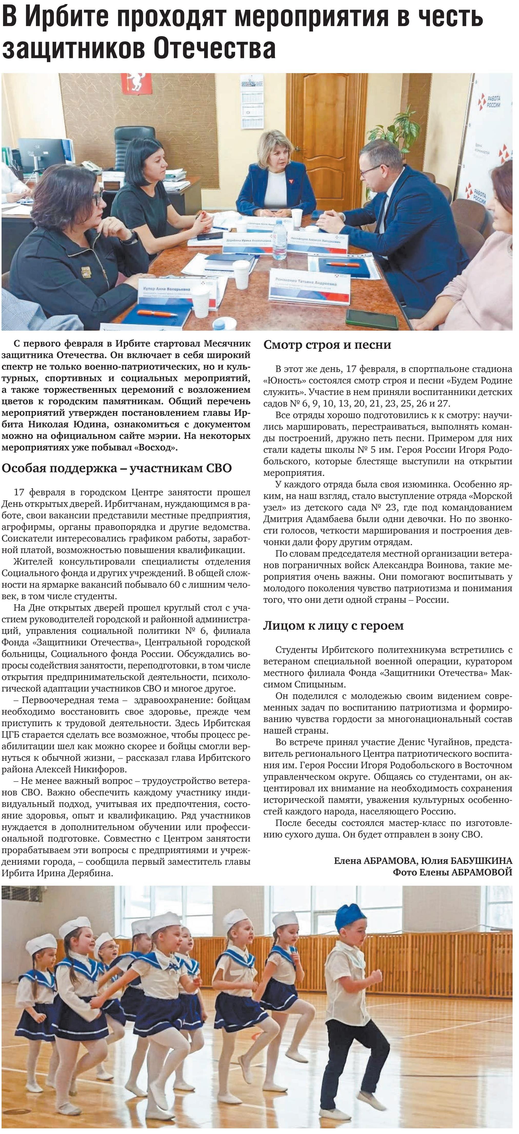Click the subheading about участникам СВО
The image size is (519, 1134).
(x=117, y=468)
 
